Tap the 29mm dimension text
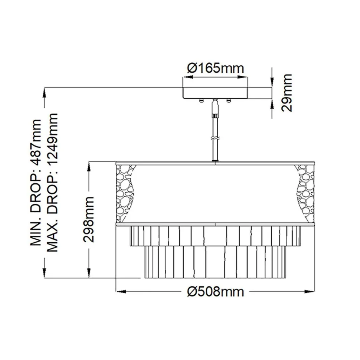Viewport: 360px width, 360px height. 287,93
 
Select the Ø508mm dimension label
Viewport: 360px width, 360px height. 215,291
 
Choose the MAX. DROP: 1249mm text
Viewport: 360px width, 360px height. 52,182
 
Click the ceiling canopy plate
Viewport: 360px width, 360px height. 215,93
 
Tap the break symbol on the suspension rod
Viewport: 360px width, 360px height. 215,139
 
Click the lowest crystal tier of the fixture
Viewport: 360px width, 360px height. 215,262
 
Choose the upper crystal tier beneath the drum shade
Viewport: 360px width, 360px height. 215,235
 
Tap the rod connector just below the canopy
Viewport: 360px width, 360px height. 215,108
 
